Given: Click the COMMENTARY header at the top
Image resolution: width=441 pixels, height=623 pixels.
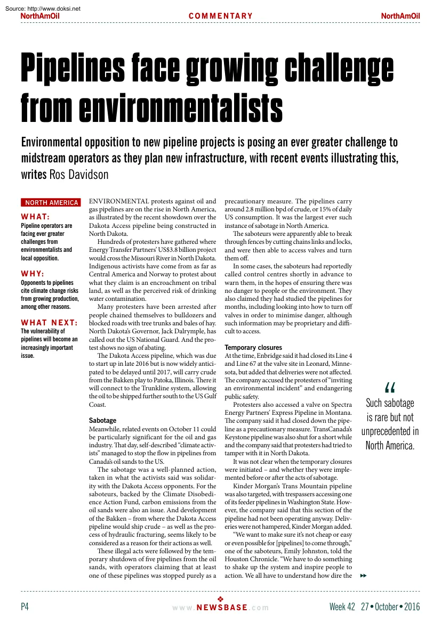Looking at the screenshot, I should point(221,16).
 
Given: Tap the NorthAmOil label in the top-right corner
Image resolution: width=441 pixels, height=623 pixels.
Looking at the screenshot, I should point(400,16).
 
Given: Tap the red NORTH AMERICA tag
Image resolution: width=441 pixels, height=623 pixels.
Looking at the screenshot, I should point(51,203).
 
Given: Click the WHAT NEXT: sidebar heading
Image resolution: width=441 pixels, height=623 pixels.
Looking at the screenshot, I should point(49,323).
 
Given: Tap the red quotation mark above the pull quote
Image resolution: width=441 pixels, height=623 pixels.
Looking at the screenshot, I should point(389,389).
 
